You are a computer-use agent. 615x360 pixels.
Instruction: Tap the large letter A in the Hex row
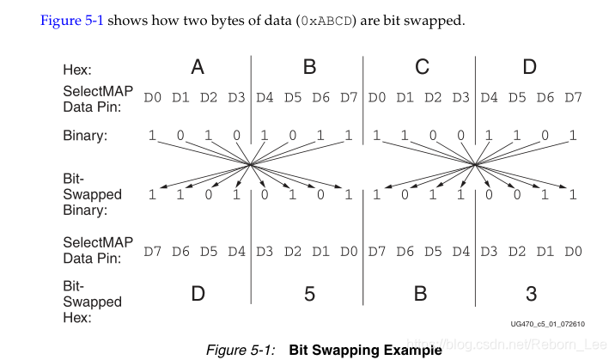tap(197, 67)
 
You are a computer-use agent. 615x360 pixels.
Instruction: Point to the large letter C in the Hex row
tap(420, 67)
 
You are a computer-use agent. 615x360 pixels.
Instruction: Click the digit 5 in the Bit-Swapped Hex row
tap(308, 294)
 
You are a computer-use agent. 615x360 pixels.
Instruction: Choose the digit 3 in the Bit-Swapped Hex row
tap(531, 294)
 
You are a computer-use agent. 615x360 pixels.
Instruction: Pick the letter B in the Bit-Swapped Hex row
tap(420, 294)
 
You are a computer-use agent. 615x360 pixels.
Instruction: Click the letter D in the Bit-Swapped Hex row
tap(197, 294)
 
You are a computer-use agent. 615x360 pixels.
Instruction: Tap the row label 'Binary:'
tap(85, 136)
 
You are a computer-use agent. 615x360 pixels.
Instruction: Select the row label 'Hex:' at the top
tap(76, 69)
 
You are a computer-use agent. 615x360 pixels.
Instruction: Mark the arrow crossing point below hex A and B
tap(250, 164)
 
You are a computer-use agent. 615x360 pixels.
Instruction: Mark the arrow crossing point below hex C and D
tap(475, 164)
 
